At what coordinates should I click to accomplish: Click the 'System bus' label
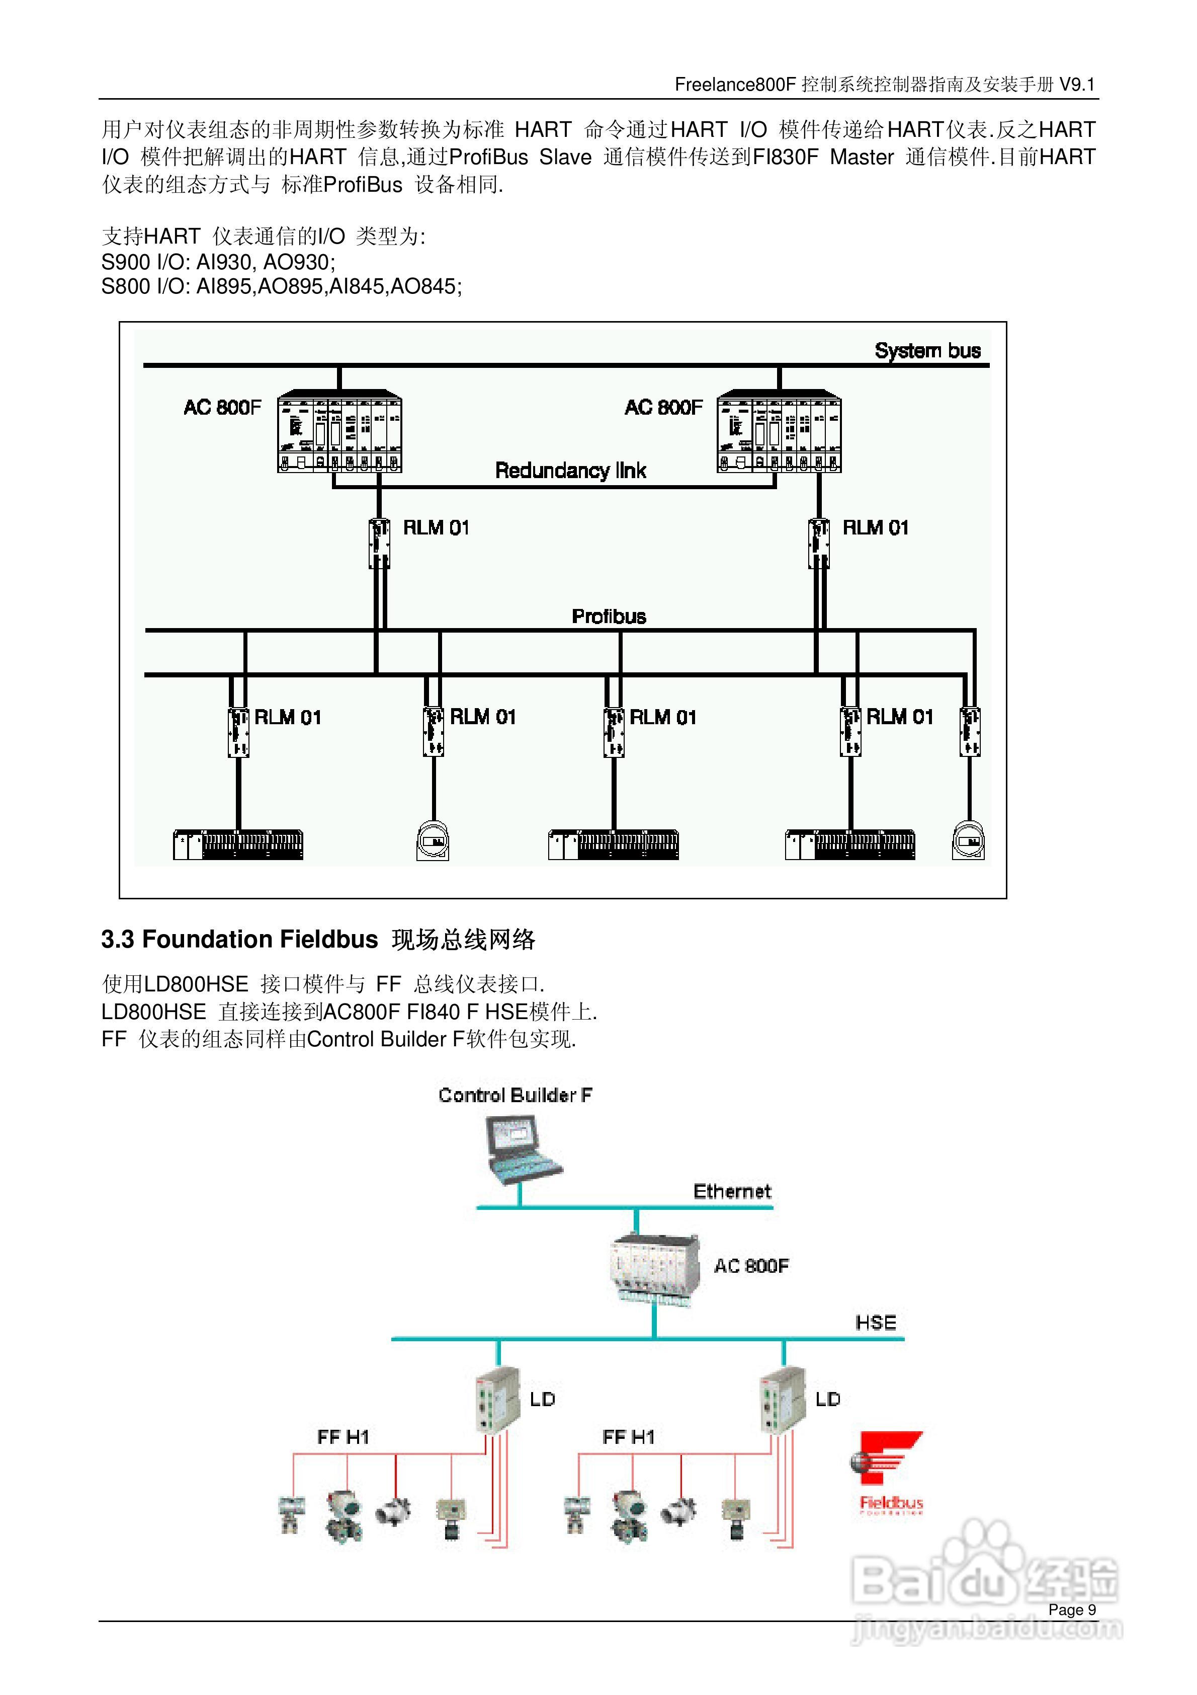927,351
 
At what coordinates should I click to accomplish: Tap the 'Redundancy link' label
570,470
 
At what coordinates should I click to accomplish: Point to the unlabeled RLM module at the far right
969,732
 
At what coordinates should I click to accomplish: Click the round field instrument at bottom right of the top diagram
968,841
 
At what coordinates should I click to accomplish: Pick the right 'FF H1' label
628,1437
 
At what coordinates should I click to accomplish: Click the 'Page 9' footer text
1072,1610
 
